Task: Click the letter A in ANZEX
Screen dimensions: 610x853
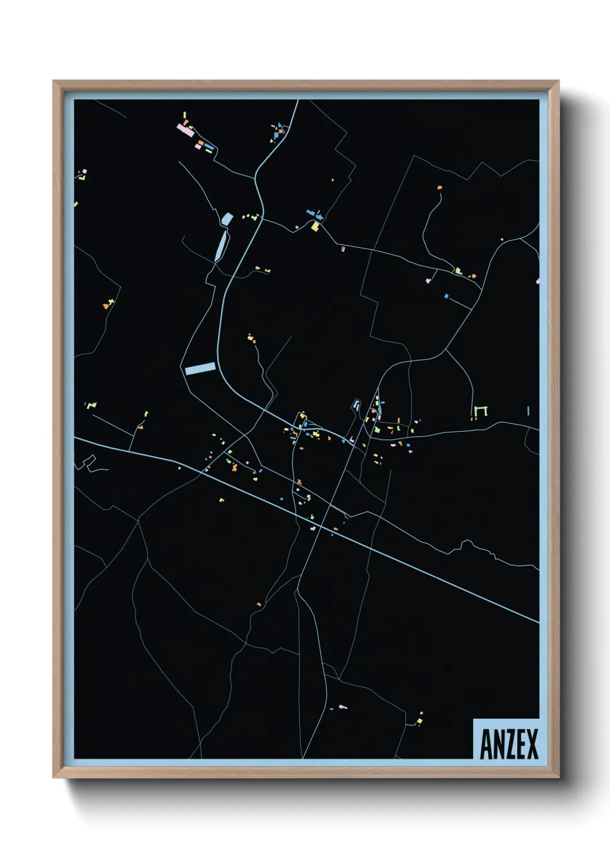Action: coord(487,745)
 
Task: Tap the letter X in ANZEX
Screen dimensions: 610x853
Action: coord(532,745)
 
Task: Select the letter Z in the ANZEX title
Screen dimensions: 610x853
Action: coord(510,745)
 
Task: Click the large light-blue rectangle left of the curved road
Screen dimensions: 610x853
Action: coord(200,368)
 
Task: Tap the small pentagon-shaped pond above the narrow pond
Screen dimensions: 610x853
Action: coord(227,219)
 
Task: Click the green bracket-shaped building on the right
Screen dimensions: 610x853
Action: coord(481,410)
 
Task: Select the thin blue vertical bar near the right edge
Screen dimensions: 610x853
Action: coord(528,410)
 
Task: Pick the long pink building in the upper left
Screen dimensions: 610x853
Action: coord(185,130)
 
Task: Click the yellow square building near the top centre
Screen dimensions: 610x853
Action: coord(315,227)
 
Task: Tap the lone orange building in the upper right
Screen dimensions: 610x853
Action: coord(439,187)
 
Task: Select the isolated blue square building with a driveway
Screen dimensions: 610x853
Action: coord(446,296)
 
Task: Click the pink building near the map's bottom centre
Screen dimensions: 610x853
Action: coord(342,707)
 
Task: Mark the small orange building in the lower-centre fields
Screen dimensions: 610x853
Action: coord(259,604)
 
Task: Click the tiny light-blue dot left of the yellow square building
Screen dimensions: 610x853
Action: coord(297,228)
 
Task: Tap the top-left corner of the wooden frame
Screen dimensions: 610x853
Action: coord(54,81)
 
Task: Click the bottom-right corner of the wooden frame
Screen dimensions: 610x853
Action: coord(558,777)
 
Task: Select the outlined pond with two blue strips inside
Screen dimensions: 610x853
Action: coord(356,405)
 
